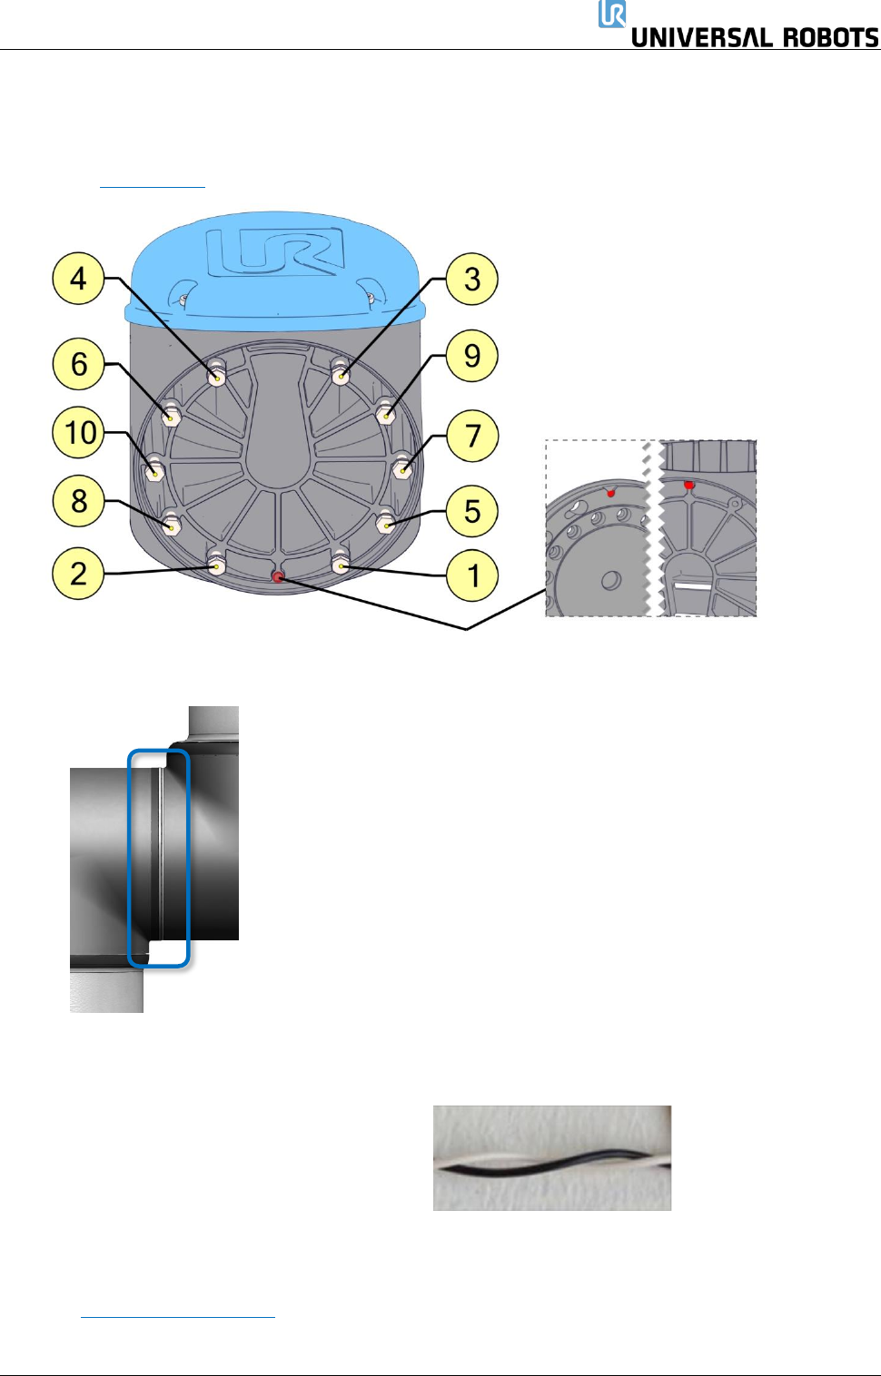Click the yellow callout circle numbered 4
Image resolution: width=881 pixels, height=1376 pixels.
79,278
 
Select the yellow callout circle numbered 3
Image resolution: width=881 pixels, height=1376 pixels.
472,278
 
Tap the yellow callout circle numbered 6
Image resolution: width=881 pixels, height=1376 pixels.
79,364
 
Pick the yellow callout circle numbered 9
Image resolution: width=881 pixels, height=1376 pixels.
472,356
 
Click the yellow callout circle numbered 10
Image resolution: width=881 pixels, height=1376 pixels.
79,432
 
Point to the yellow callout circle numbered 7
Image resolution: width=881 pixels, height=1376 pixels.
472,436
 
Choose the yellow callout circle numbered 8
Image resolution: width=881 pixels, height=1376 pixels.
79,500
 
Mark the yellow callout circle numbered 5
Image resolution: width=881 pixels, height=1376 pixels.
472,510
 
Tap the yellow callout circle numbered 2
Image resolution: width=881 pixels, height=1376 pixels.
79,574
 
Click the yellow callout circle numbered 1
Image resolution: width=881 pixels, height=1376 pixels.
472,575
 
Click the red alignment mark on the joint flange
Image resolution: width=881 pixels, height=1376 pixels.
279,576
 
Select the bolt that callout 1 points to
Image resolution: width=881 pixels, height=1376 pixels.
341,565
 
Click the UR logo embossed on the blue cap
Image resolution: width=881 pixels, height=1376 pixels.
274,251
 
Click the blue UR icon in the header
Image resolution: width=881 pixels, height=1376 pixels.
612,15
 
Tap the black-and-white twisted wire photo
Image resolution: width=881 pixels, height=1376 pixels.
552,1157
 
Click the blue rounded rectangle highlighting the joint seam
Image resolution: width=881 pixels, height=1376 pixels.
159,858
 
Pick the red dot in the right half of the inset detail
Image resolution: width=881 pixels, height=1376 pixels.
689,486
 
